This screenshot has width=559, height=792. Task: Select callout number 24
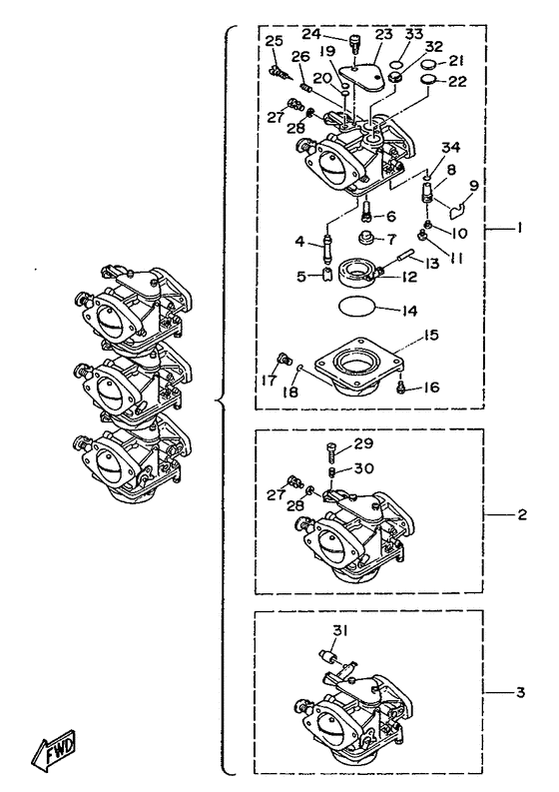point(312,34)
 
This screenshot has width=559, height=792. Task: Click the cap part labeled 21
point(429,65)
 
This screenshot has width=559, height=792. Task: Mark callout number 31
point(339,630)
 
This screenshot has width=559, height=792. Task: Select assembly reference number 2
point(522,514)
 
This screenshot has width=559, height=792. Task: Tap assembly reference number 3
point(521,691)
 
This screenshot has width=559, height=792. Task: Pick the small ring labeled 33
point(397,64)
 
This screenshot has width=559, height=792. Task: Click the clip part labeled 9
point(458,208)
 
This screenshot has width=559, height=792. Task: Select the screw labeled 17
point(285,360)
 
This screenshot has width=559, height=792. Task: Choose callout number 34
point(451,148)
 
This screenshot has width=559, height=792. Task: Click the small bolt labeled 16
point(401,389)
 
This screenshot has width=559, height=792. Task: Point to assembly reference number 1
point(520,229)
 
